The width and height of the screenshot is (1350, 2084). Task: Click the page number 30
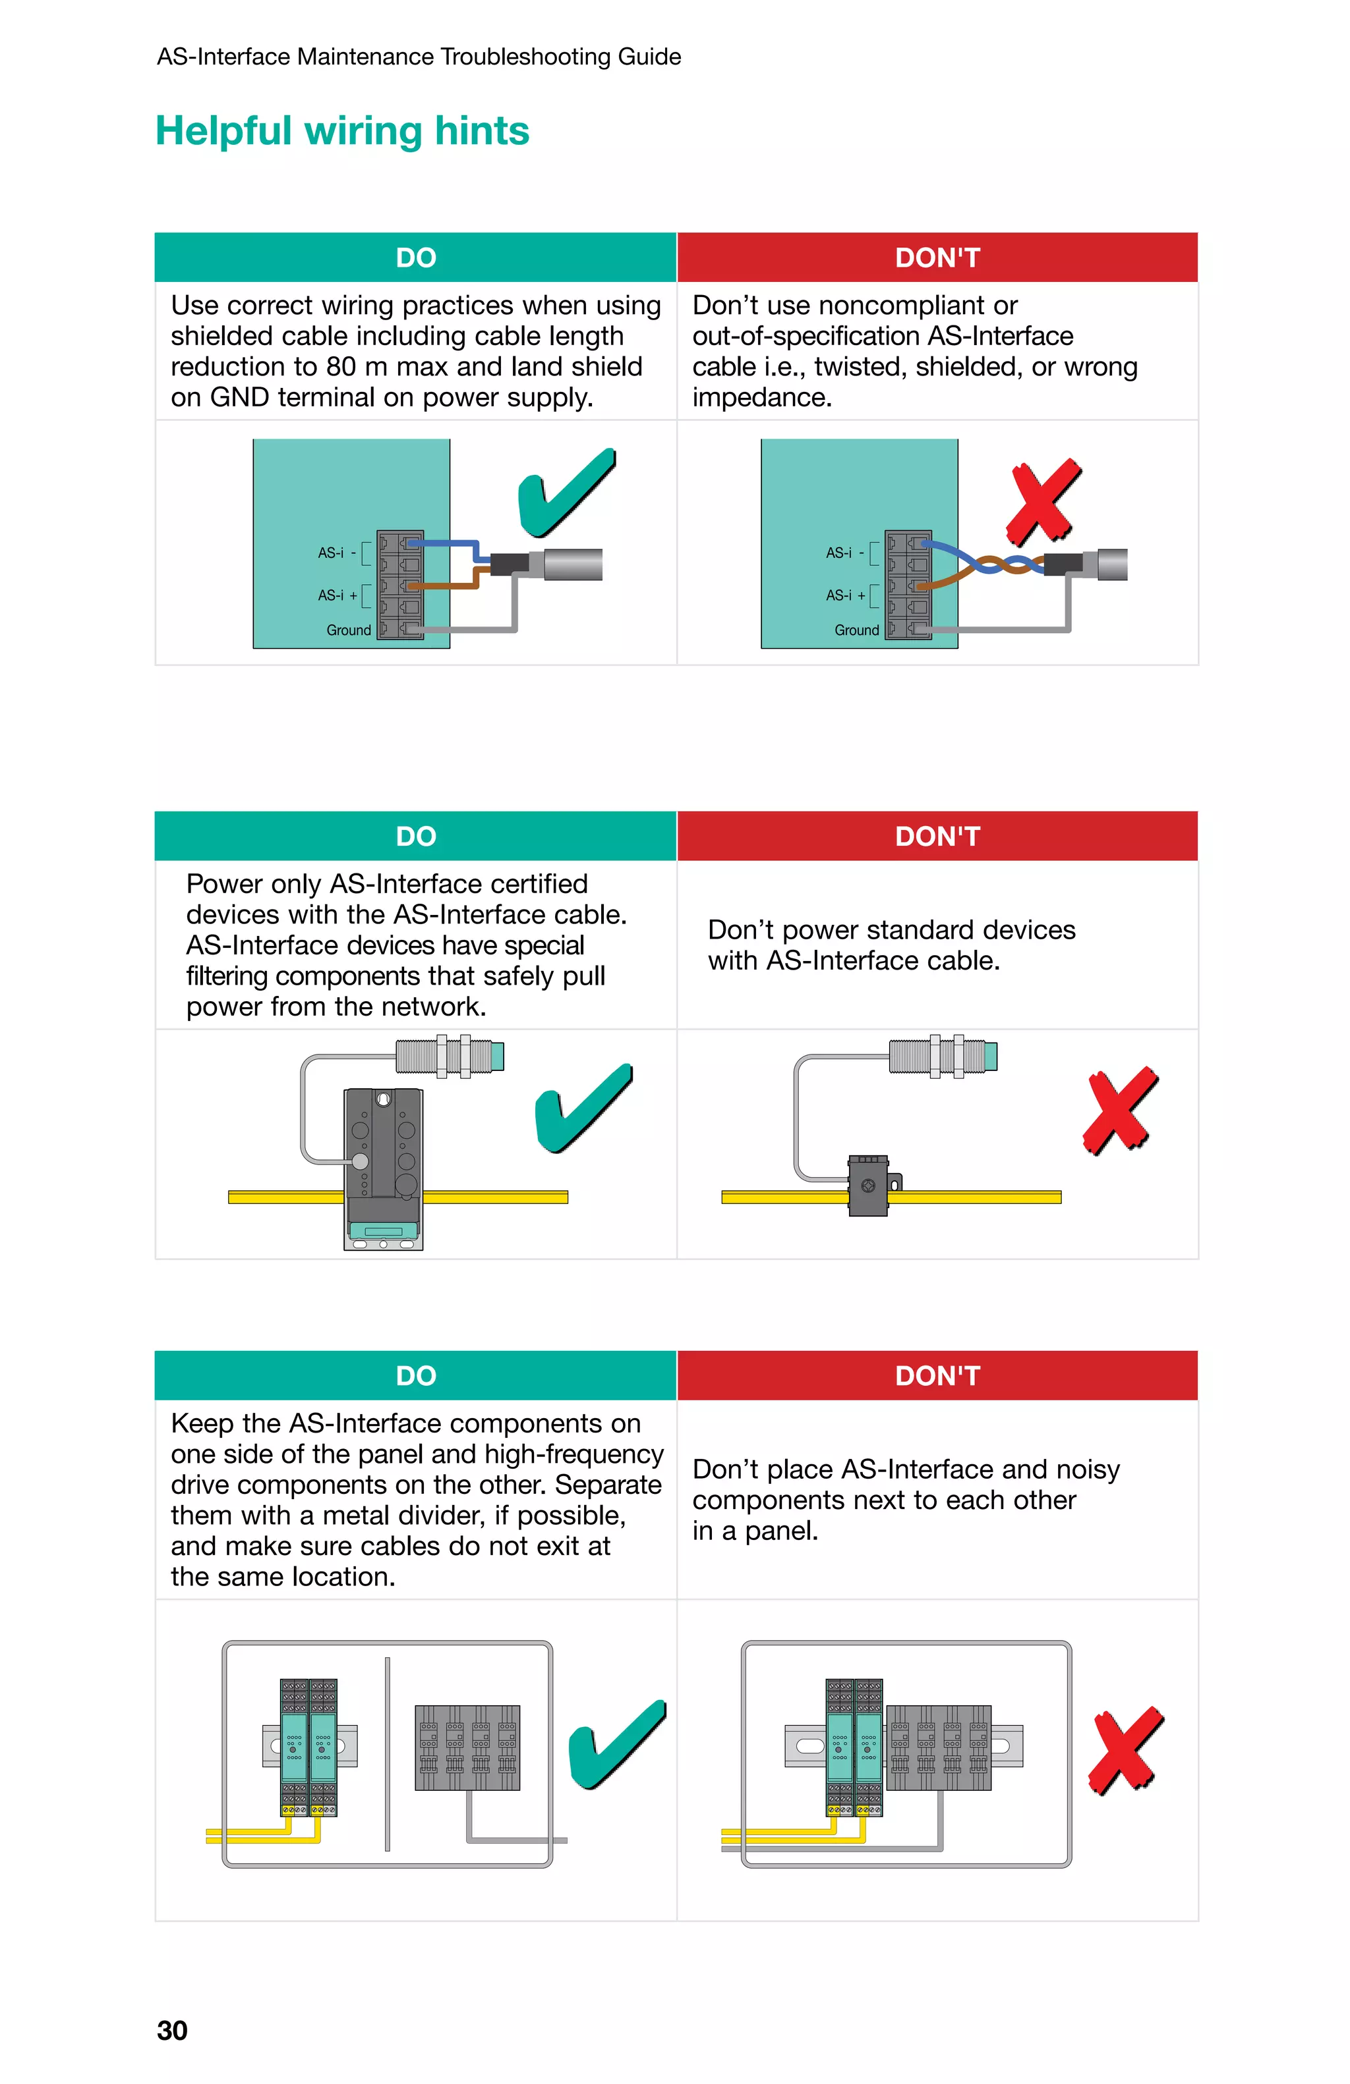171,2030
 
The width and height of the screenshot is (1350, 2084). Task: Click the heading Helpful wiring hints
341,131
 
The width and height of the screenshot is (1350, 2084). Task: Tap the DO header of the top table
415,258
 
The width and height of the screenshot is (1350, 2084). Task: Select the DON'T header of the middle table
937,836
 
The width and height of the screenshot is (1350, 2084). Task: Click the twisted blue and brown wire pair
999,564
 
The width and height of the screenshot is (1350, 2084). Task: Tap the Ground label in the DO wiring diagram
348,630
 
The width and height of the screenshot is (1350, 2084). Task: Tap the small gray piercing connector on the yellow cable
868,1186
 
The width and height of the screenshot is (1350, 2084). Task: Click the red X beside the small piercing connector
1119,1111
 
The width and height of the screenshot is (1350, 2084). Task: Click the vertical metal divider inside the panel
386,1753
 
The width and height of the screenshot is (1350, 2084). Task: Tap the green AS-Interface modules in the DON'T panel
854,1746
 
